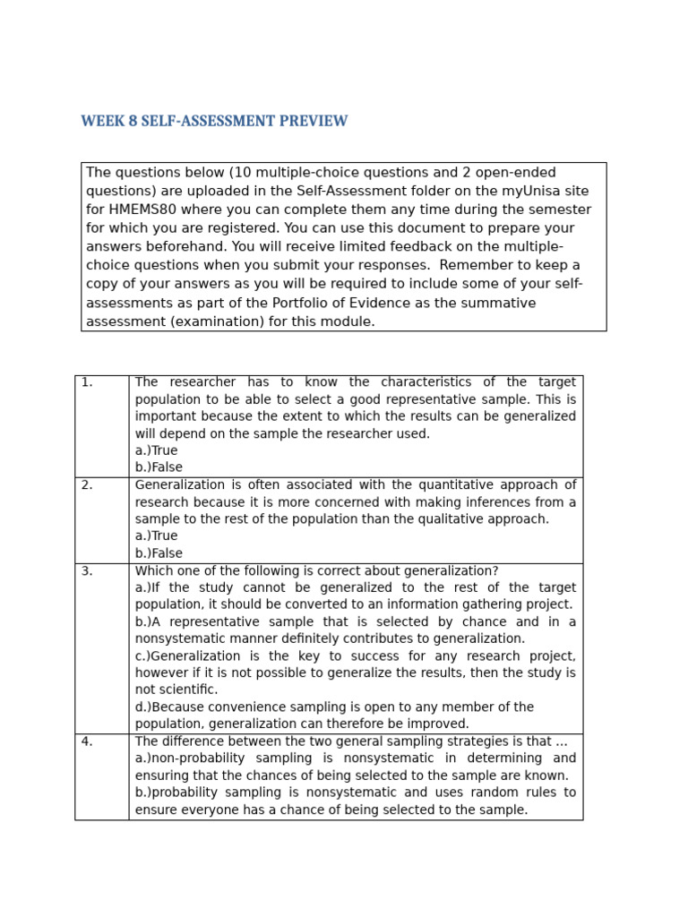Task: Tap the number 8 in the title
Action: [133, 122]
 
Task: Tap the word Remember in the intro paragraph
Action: [477, 265]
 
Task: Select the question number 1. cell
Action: [87, 382]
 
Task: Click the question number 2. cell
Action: [87, 485]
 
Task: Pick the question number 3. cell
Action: [87, 571]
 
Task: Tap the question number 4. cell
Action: [87, 741]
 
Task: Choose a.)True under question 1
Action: [156, 450]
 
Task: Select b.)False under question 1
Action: [159, 467]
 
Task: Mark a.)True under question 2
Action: [156, 536]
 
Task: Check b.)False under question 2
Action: [159, 553]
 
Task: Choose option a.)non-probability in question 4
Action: [190, 758]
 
